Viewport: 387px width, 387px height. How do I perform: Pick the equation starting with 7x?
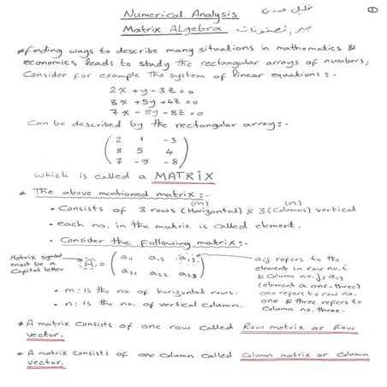(148, 113)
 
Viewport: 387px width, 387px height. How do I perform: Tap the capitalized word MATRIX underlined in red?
(184, 177)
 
